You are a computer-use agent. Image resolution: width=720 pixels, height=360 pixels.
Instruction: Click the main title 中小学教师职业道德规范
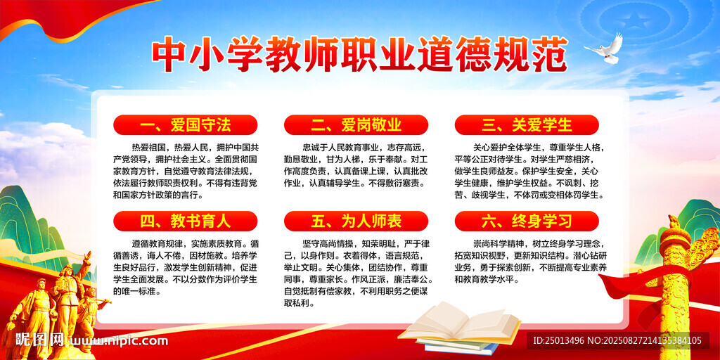(359, 56)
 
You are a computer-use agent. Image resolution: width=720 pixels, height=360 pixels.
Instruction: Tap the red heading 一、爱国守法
(186, 125)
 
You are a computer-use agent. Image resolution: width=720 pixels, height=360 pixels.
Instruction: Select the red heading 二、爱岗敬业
(356, 125)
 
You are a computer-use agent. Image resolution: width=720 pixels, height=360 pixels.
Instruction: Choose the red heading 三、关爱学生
(527, 125)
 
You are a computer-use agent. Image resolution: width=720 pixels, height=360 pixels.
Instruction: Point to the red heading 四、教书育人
(186, 221)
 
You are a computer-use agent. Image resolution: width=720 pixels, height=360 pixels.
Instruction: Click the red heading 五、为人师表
(356, 221)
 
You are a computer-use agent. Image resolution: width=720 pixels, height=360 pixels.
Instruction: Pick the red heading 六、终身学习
(527, 221)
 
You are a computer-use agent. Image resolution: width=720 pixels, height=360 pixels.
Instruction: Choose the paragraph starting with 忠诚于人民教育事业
(356, 165)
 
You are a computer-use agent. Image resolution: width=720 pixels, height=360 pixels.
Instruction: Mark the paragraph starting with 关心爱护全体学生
(527, 171)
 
